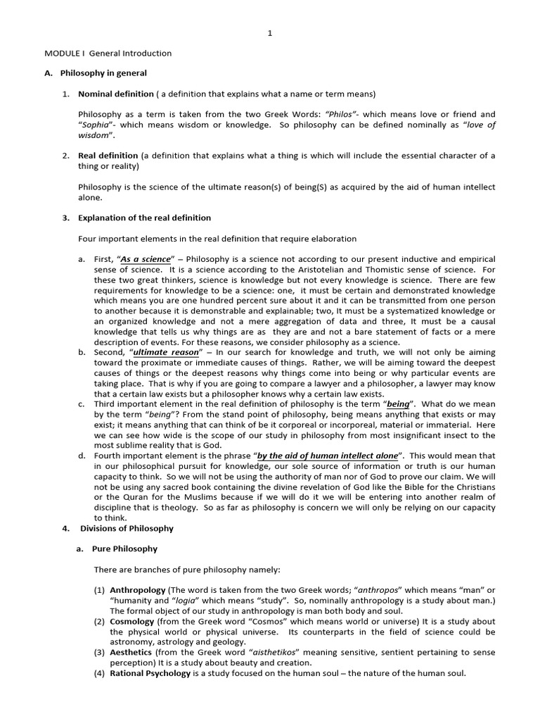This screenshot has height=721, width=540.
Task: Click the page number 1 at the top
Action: (x=269, y=33)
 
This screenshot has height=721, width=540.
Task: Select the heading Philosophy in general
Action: (x=103, y=73)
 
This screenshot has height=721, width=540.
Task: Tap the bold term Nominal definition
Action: (x=115, y=94)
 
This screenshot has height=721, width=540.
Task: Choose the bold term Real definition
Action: (x=108, y=156)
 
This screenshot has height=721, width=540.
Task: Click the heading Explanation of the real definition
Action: (x=144, y=218)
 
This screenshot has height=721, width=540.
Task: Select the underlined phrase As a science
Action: (x=146, y=259)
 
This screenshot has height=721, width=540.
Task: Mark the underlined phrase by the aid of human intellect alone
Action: (x=328, y=456)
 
